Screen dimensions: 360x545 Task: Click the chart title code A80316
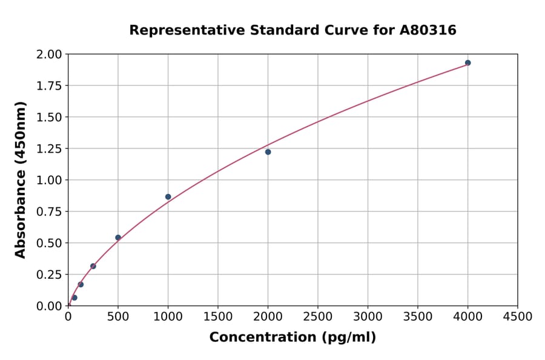pos(429,30)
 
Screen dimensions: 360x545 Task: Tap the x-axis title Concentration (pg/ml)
pos(292,338)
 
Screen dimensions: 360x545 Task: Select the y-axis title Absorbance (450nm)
pos(21,180)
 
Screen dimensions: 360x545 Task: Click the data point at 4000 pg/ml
pos(467,62)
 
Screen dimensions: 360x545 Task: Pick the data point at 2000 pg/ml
pos(268,152)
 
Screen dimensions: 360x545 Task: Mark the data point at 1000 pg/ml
pos(168,197)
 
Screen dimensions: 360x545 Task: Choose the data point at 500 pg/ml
pos(118,238)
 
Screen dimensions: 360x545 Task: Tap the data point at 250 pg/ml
pos(93,266)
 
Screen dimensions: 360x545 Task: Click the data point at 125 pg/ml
pos(81,284)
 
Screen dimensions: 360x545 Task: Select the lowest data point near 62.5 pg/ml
pos(74,298)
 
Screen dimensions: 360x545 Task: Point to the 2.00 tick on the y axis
pos(50,55)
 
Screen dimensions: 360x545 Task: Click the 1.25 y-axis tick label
pos(50,149)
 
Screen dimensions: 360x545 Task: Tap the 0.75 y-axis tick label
pos(50,212)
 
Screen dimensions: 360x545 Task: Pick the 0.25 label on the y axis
pos(50,275)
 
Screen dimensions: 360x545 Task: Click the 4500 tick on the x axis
pos(517,317)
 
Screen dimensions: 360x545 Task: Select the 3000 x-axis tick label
pos(368,317)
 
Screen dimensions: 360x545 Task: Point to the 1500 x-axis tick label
pos(218,317)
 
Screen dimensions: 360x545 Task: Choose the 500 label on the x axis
pos(118,317)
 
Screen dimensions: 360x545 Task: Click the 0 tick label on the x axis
pos(68,317)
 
